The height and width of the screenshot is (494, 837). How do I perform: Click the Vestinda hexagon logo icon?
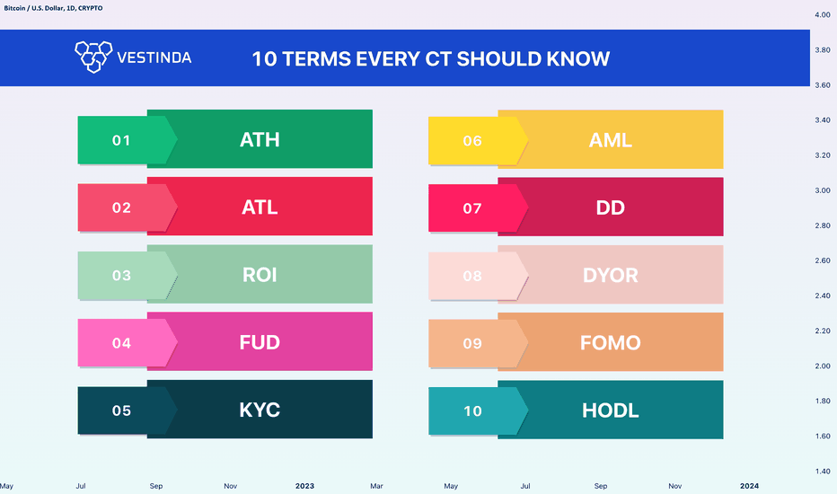[x=93, y=57]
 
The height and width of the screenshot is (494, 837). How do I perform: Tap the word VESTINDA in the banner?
[x=154, y=57]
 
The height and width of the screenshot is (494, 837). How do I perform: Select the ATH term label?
[x=260, y=139]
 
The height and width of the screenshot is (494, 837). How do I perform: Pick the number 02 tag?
[x=122, y=207]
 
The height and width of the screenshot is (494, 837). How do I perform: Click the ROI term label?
[x=260, y=275]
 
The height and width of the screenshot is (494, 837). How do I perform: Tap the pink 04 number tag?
[x=122, y=343]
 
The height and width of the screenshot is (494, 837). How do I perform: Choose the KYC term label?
[x=260, y=410]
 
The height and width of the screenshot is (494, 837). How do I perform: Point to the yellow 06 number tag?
[x=472, y=140]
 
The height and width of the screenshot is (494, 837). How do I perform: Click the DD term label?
[x=610, y=207]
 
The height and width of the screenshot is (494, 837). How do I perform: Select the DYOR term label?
[x=610, y=275]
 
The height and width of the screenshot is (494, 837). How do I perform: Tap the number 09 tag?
[x=472, y=343]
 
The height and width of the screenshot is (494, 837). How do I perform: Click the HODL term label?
[x=610, y=410]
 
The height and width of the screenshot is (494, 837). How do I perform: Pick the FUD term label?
[x=260, y=342]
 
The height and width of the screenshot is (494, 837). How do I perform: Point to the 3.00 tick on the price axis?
[x=823, y=190]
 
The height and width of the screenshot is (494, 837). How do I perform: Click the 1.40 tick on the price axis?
[x=823, y=471]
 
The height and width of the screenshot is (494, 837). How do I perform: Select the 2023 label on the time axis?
[x=304, y=486]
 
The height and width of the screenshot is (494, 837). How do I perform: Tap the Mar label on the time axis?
[x=376, y=486]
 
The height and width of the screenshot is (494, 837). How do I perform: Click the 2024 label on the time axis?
[x=750, y=485]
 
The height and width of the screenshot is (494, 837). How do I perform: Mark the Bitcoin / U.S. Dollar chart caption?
[x=53, y=8]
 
